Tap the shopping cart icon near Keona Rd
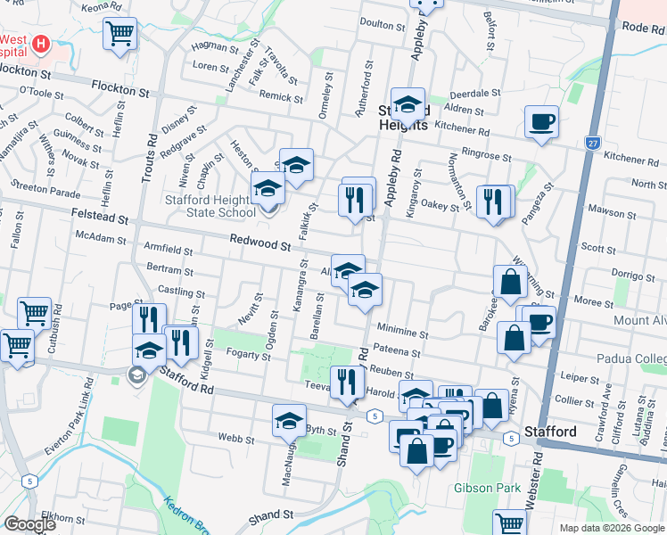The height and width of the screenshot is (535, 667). (x=119, y=34)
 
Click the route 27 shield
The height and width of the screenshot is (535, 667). (x=592, y=143)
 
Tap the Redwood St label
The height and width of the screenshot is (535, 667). (x=260, y=242)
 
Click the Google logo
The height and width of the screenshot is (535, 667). (x=29, y=524)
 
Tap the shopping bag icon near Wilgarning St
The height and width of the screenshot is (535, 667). (x=509, y=282)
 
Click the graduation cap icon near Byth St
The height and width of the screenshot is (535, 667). (x=289, y=420)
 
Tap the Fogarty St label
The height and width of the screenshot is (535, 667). (x=249, y=356)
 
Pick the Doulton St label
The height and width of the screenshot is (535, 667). (x=382, y=24)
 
